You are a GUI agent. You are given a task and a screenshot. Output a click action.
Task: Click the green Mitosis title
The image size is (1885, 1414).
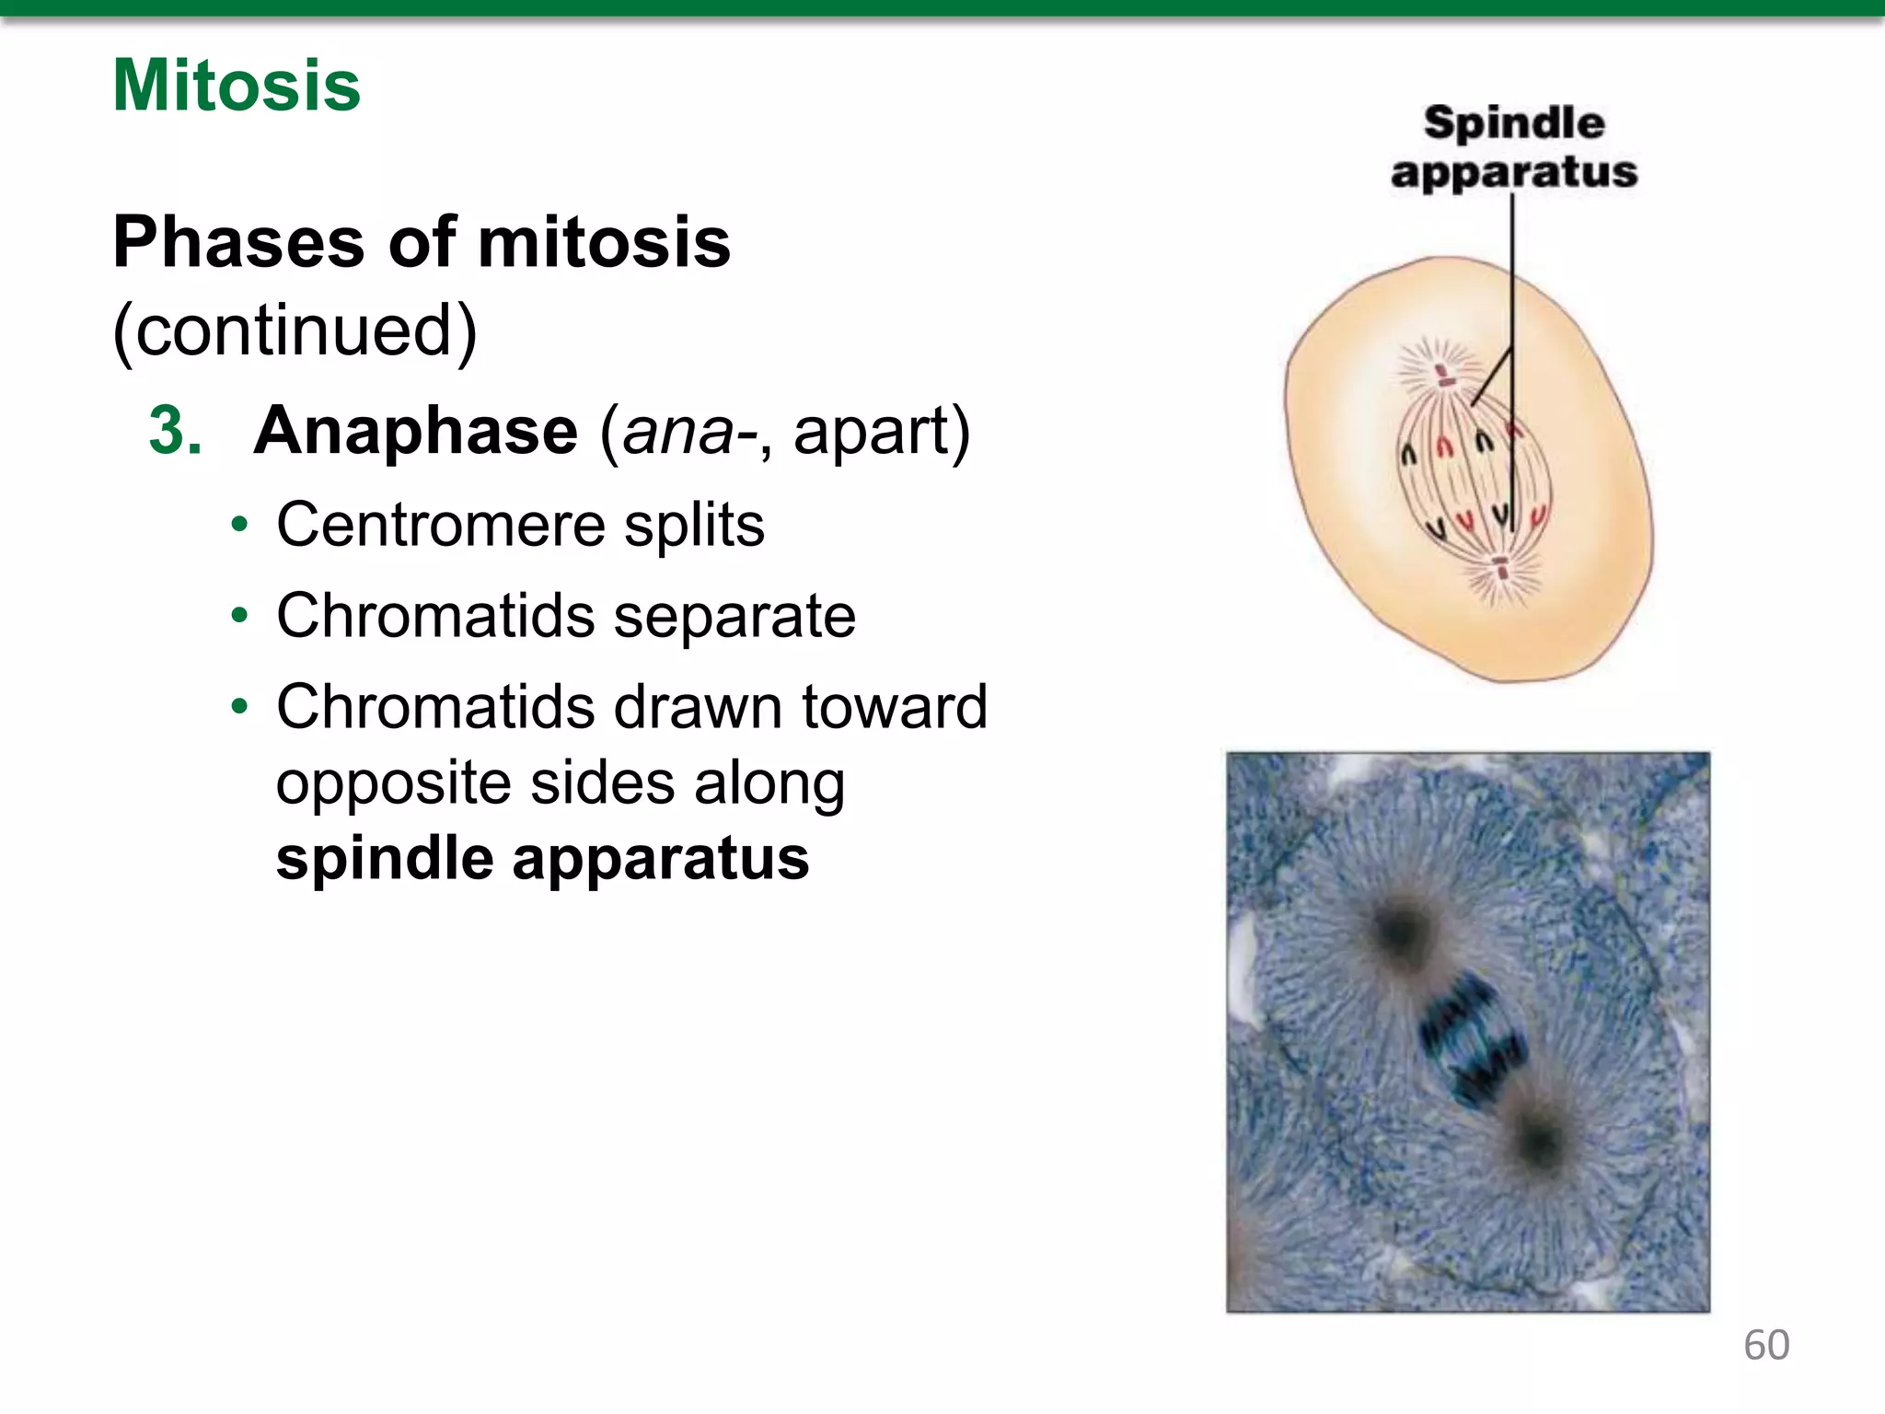click(x=237, y=86)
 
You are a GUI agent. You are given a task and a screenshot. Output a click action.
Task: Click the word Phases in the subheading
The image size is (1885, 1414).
click(x=238, y=243)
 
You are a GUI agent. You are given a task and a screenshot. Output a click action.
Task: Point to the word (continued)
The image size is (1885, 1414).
click(x=295, y=330)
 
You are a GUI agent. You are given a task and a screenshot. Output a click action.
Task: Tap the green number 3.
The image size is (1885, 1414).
click(x=175, y=431)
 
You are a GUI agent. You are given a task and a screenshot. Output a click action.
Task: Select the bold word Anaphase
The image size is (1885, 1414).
click(x=416, y=431)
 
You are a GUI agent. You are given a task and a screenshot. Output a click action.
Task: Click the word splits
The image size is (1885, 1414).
click(x=694, y=525)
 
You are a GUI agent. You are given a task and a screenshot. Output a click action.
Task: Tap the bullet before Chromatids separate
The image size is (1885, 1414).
click(x=240, y=615)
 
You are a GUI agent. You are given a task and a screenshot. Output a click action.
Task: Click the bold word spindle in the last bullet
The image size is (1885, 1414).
click(x=385, y=858)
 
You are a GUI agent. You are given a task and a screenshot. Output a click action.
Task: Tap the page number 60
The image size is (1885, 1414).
click(x=1766, y=1345)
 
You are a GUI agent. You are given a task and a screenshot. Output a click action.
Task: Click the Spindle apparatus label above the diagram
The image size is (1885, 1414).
click(x=1514, y=147)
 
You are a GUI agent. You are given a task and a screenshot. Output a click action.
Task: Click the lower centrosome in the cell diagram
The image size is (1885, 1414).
click(x=1502, y=568)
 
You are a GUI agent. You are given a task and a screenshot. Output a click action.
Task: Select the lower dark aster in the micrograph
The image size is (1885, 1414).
click(x=1538, y=1142)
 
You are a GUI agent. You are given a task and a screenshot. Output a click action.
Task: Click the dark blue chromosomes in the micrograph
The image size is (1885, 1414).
click(x=1470, y=1040)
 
